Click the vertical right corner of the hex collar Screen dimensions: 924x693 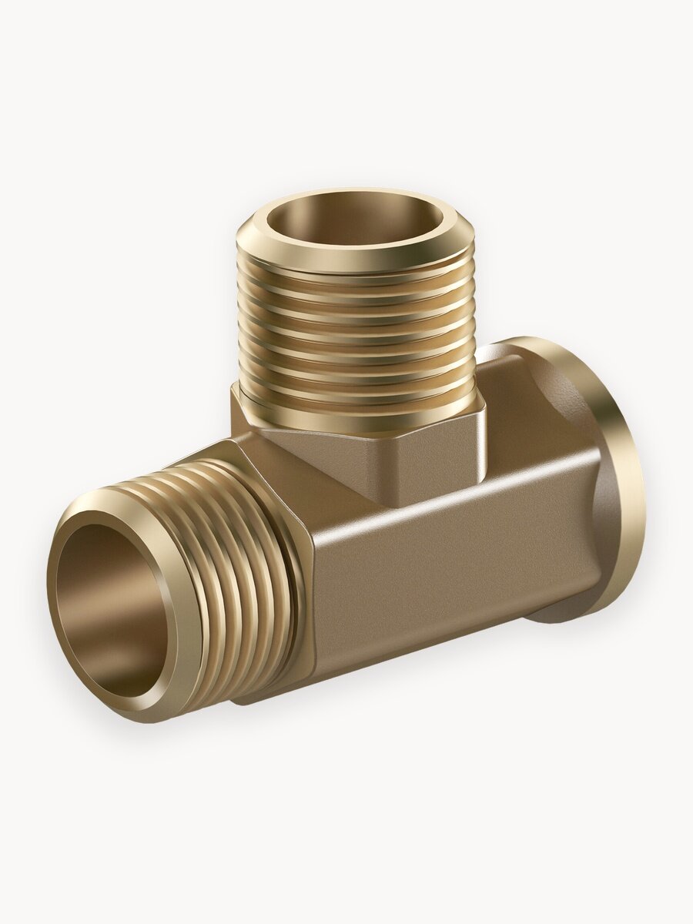pos(480,454)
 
